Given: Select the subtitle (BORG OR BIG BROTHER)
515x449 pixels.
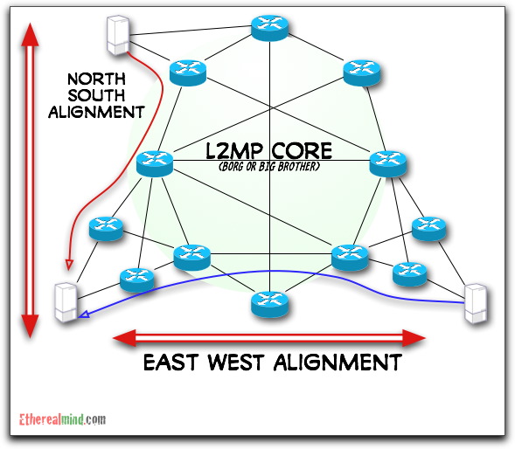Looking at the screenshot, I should click(263, 166).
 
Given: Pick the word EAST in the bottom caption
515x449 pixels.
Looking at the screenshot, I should click(176, 362).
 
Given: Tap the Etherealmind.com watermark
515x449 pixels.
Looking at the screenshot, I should click(62, 420).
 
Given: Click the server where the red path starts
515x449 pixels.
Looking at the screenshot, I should click(115, 35).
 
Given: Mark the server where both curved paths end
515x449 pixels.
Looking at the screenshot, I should click(64, 304).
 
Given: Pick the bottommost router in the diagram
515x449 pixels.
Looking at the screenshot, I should click(270, 303).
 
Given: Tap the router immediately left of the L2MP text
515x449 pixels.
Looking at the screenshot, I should click(156, 162).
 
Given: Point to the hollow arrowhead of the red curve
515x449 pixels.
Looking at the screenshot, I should click(69, 264).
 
